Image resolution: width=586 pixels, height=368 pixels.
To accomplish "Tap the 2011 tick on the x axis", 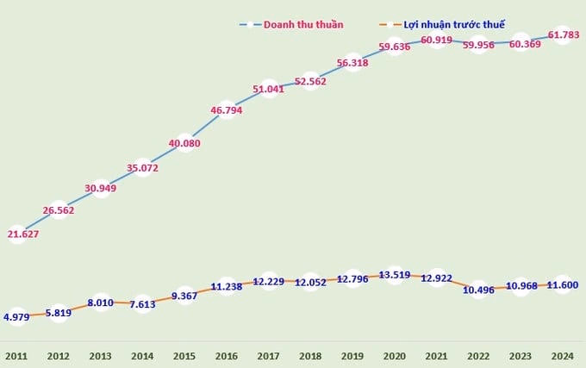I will point(16,354).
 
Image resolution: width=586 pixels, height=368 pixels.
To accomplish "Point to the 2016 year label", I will point(227,354).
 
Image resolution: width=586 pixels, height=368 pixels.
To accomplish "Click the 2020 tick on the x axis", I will point(395,354).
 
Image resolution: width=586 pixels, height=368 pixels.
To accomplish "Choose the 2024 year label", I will point(563,354).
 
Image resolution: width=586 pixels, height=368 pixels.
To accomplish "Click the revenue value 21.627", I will point(22,234).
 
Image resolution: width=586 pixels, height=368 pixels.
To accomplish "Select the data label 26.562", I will point(59,209).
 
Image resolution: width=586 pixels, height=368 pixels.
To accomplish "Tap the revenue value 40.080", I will point(184,143).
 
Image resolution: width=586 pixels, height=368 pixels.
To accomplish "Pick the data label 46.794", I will point(227,110).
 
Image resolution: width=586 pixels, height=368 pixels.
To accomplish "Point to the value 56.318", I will point(352,63).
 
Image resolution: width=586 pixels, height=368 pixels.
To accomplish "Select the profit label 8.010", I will point(101,303).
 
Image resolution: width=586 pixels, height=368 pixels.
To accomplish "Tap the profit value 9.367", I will point(184,296).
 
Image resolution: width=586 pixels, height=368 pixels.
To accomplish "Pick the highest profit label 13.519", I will point(395,276).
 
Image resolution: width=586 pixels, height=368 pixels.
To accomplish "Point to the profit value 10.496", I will point(478,290).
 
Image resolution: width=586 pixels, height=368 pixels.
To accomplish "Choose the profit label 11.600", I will point(563,284).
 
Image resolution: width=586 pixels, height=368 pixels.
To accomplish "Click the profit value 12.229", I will point(269,282).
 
